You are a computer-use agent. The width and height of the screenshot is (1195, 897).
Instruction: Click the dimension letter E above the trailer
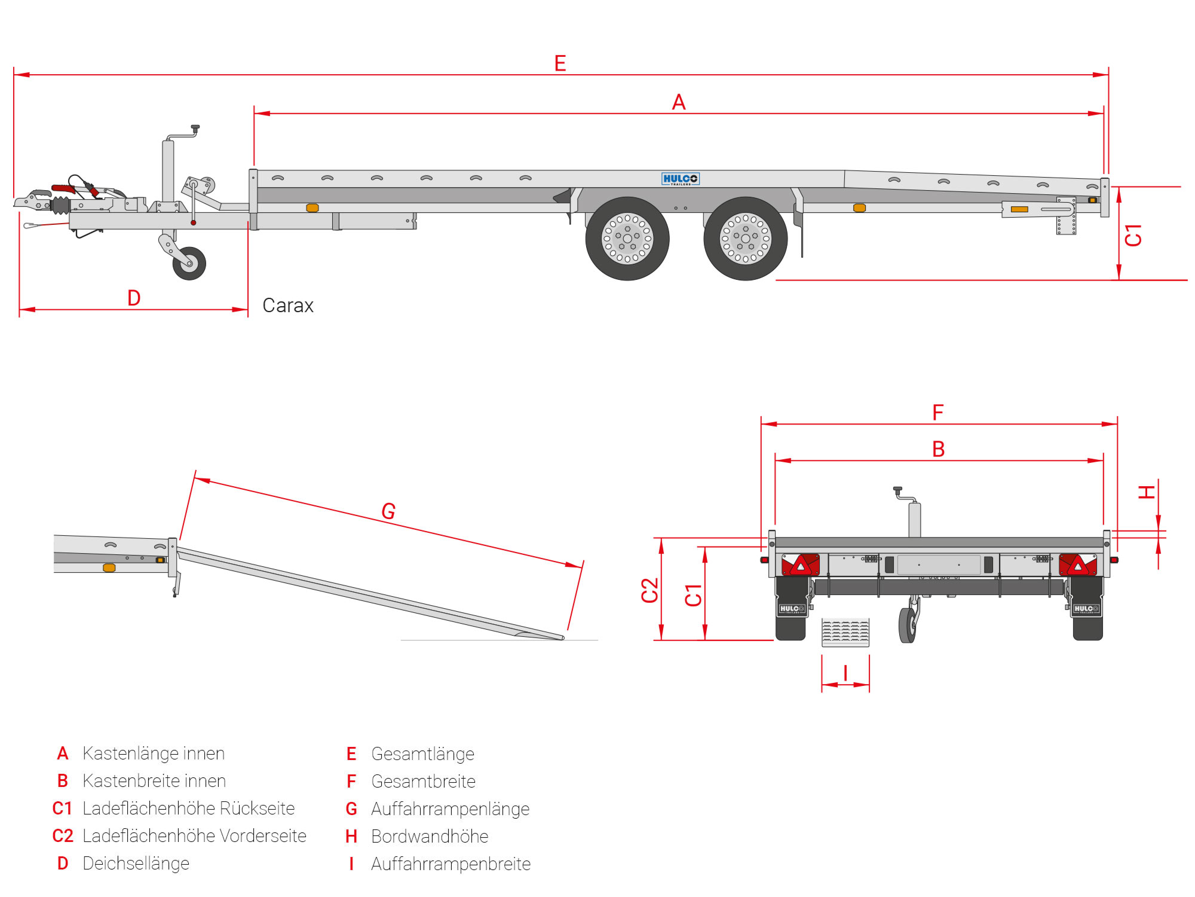(x=560, y=63)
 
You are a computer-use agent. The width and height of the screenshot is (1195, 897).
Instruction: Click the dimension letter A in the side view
(x=679, y=102)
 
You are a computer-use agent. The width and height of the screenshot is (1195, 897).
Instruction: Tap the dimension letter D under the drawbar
(x=134, y=298)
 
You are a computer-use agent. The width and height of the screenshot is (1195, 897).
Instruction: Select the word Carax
(x=288, y=306)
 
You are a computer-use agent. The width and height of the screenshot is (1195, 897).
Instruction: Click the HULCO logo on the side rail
(x=680, y=179)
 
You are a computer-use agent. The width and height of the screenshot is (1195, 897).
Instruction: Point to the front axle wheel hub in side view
(x=627, y=239)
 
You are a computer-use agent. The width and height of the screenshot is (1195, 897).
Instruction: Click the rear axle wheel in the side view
(x=745, y=239)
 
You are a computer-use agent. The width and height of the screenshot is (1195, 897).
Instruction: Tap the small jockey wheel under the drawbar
(x=189, y=263)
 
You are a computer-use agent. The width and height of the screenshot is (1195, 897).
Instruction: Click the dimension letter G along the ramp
(x=388, y=511)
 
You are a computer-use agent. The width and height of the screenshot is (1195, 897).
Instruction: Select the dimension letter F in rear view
(x=938, y=412)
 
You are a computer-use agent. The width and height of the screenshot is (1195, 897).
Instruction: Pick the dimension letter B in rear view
(x=939, y=449)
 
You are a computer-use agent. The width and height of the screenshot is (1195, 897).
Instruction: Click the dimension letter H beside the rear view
(x=1147, y=492)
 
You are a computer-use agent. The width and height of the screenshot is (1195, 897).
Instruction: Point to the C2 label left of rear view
(x=649, y=590)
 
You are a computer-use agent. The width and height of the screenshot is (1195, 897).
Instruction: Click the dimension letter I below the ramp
(x=845, y=673)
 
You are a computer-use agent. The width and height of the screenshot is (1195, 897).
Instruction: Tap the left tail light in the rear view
(x=801, y=565)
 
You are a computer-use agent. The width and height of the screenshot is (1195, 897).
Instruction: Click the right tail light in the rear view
(x=1077, y=565)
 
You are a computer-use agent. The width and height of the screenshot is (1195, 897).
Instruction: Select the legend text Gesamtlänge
(x=422, y=754)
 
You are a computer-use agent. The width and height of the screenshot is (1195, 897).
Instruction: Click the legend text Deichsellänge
(x=136, y=864)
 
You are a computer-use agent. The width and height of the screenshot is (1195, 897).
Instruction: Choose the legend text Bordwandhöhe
(x=430, y=837)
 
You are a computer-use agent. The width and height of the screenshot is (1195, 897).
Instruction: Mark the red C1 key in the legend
(x=62, y=808)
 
